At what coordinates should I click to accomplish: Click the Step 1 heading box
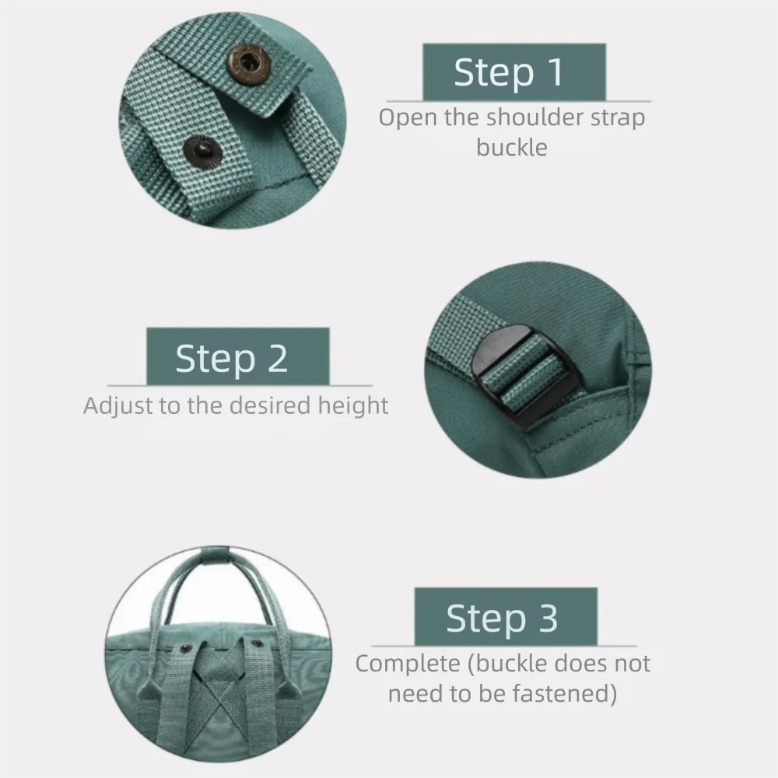(513, 72)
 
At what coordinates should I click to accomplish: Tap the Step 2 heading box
(237, 356)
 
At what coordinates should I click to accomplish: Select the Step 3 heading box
(505, 617)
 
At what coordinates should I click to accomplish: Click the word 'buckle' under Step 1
(512, 147)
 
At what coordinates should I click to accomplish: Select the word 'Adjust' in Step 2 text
(117, 406)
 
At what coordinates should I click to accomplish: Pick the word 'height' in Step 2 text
(352, 406)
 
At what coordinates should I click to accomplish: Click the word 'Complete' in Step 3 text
(408, 664)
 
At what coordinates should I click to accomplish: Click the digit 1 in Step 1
(554, 72)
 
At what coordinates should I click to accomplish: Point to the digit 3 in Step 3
(546, 619)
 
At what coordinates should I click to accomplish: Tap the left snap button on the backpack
(185, 647)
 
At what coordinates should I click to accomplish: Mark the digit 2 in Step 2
(276, 359)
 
